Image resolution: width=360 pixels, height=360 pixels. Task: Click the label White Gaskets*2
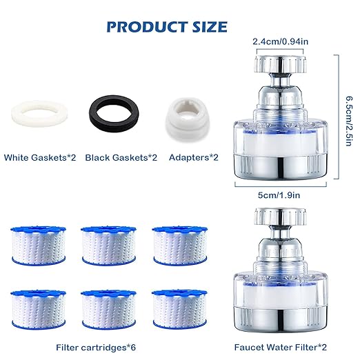pos(40,158)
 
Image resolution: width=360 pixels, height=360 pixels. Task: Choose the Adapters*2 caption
pos(194,158)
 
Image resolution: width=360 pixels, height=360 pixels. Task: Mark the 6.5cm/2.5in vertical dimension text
pos(348,117)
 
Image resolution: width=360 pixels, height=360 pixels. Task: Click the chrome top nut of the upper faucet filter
pos(280,66)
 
